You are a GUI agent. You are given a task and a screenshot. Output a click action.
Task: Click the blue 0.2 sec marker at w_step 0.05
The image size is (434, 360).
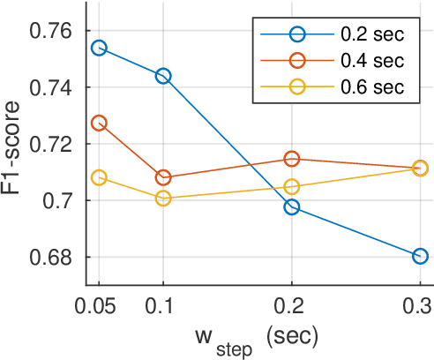pos(99,48)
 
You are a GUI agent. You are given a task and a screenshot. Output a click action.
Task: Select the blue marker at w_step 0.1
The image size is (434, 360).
pos(163,76)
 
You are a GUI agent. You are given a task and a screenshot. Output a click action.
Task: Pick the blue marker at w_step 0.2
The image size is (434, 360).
pos(292,207)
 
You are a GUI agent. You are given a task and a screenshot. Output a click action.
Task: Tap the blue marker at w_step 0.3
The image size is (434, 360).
pos(420,256)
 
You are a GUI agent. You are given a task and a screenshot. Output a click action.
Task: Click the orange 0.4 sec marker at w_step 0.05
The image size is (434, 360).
pos(99,123)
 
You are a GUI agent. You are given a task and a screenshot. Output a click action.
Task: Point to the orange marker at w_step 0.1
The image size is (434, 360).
pos(163,177)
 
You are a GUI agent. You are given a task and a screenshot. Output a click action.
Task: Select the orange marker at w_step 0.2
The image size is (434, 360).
pos(292,159)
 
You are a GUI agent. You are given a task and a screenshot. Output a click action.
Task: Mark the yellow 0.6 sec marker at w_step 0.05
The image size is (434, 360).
pos(99,177)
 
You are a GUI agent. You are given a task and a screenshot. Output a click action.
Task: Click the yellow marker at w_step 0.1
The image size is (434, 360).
pos(163,199)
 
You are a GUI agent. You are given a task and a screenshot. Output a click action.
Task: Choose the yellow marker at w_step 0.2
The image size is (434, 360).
pos(292,186)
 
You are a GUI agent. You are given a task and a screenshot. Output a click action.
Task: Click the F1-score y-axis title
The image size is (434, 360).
pos(16,144)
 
